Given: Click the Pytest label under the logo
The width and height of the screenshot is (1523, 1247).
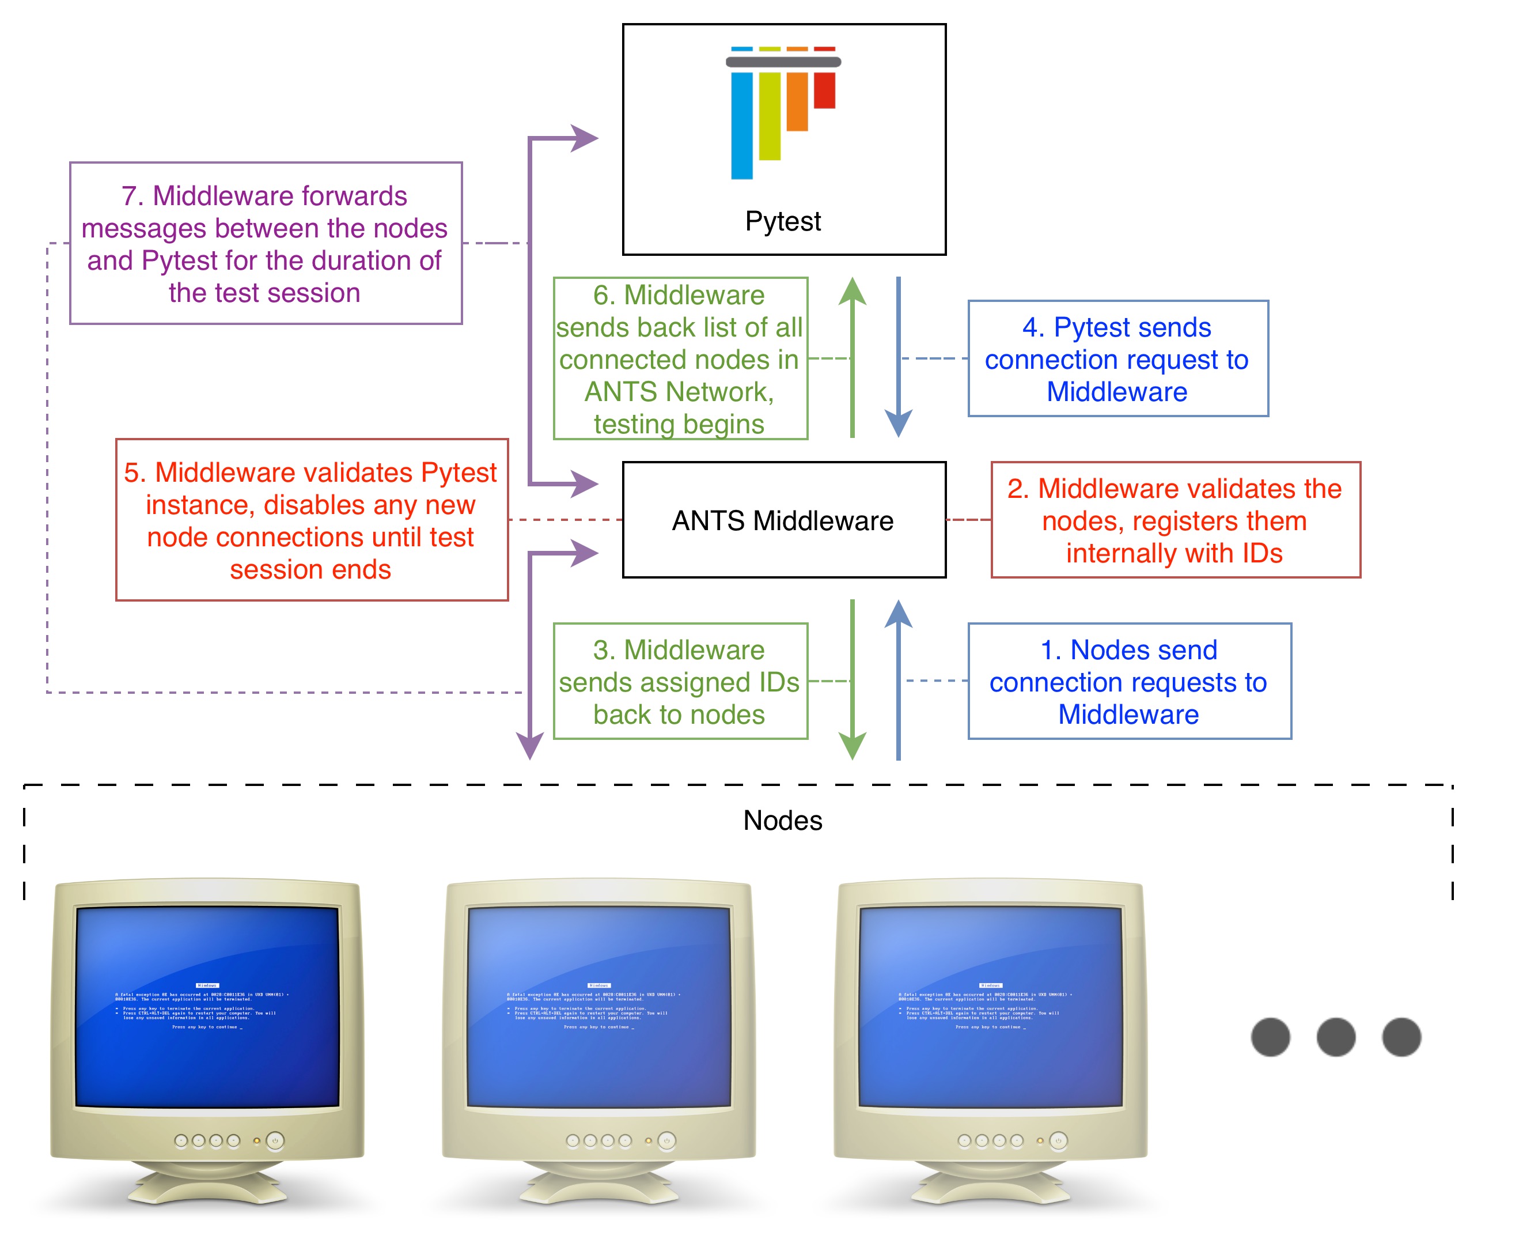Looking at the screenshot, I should click(x=783, y=221).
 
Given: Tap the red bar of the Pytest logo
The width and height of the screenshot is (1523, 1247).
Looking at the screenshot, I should click(x=824, y=90).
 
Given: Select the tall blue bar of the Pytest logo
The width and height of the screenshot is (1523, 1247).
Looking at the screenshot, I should click(x=742, y=125).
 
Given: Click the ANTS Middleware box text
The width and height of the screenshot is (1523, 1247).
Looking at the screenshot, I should click(x=783, y=521).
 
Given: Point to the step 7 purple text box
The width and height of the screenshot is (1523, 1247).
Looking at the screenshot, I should click(x=265, y=244).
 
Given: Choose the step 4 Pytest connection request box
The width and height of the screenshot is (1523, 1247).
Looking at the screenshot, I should click(x=1117, y=358).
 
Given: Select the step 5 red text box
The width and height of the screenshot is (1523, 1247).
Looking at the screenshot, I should click(x=311, y=520).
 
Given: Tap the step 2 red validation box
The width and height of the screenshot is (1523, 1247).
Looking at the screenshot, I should click(x=1175, y=520).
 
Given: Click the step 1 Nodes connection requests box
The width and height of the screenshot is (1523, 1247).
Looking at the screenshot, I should click(x=1129, y=681).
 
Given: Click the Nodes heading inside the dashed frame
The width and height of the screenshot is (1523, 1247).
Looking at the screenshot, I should click(x=783, y=821).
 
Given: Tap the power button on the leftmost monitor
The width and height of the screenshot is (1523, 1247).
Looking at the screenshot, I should click(x=275, y=1141).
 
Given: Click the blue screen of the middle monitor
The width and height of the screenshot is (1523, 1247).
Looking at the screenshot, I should click(x=599, y=1006).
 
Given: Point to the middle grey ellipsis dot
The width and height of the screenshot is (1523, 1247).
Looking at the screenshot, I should click(x=1336, y=1037).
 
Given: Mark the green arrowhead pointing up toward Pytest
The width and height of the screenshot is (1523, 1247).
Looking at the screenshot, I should click(x=853, y=292).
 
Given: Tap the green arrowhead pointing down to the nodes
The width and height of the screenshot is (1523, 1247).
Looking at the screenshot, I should click(x=853, y=745).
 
